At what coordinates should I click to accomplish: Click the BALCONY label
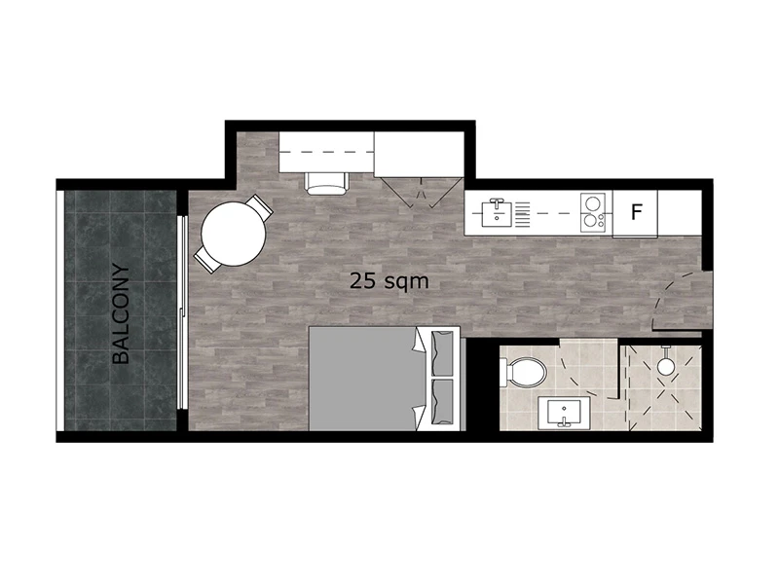[x=121, y=313]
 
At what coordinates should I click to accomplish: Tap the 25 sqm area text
[x=389, y=281]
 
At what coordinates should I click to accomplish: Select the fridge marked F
[x=636, y=213]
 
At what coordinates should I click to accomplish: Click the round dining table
[x=233, y=234]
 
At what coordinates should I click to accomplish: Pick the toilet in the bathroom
[x=523, y=372]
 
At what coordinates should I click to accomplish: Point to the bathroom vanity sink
[x=564, y=413]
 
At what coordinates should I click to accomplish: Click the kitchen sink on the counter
[x=497, y=212]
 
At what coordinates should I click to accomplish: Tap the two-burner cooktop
[x=593, y=212]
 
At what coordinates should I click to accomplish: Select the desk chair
[x=326, y=183]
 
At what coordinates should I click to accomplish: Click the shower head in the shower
[x=665, y=366]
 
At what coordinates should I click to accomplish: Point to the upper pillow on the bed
[x=442, y=353]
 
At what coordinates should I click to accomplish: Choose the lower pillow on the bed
[x=442, y=402]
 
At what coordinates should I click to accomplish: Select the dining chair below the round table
[x=206, y=259]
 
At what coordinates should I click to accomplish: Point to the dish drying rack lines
[x=523, y=215]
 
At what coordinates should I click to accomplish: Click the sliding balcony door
[x=183, y=311]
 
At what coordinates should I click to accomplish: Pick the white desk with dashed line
[x=326, y=152]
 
